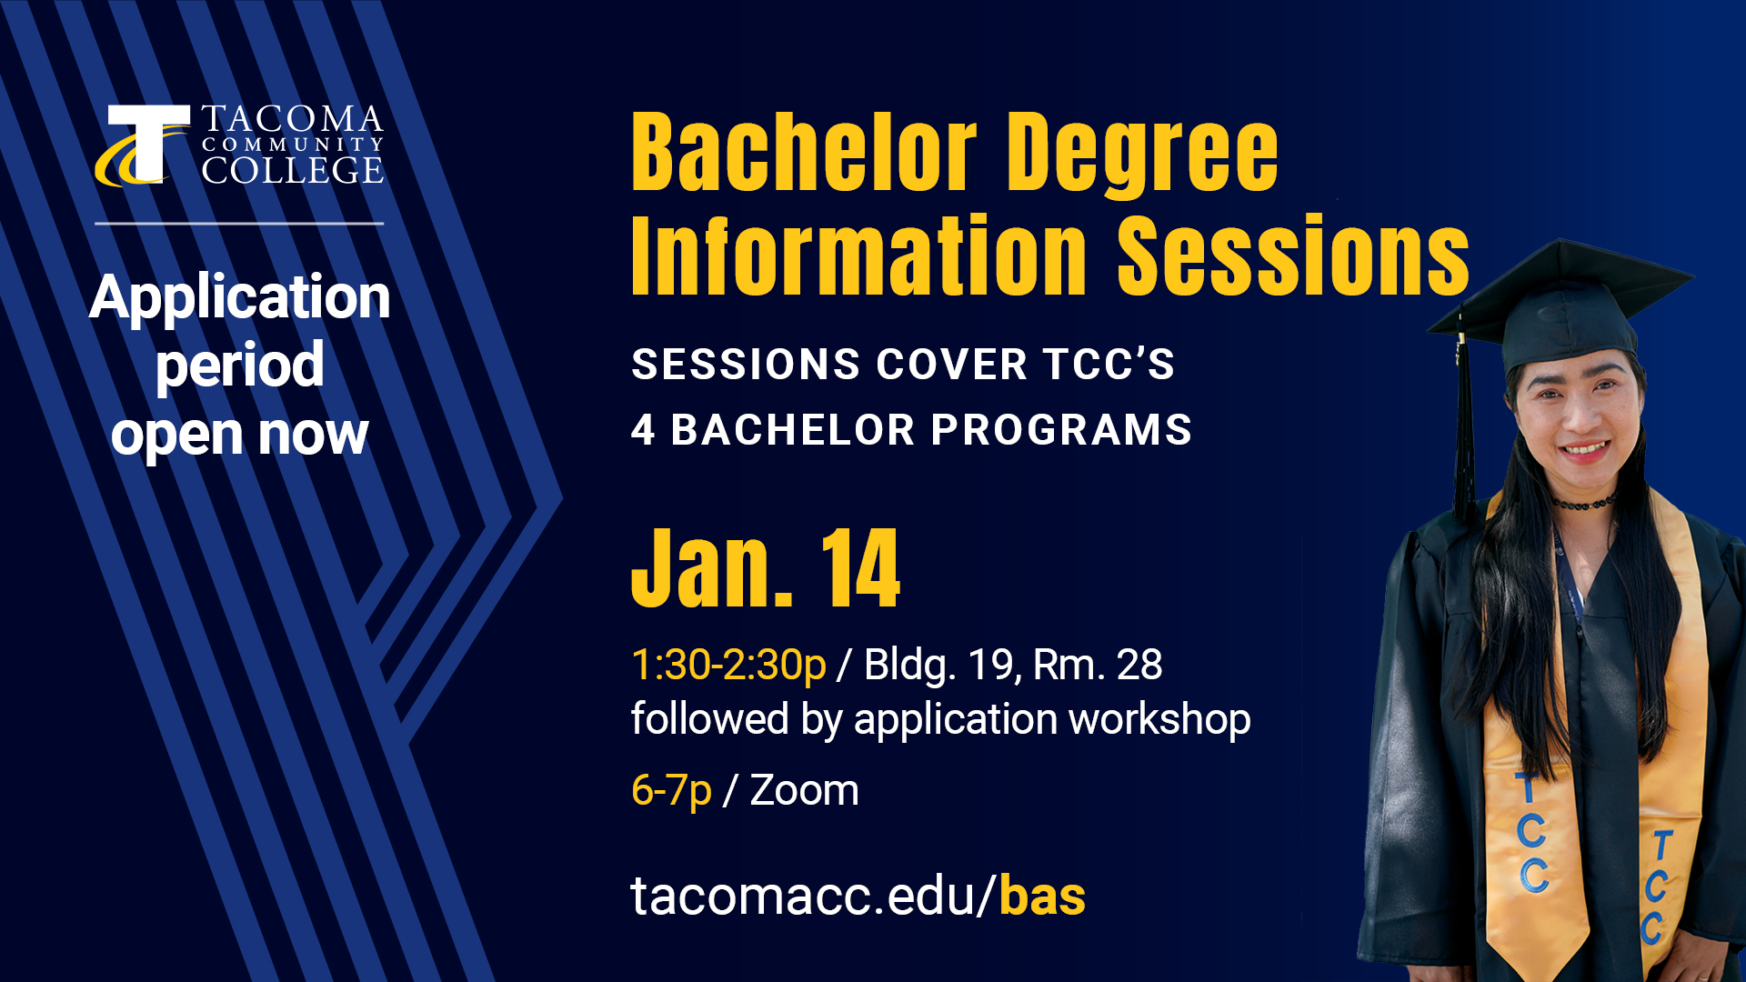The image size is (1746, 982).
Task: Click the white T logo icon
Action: point(145,144)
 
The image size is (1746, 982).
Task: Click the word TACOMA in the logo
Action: point(292,119)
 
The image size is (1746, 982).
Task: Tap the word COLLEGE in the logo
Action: point(292,170)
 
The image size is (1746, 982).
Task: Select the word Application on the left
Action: point(239,297)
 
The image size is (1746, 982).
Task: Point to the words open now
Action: point(239,435)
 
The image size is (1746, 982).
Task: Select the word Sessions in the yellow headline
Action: point(1292,256)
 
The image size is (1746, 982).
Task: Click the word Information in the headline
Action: point(858,256)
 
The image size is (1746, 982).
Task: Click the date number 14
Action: point(860,570)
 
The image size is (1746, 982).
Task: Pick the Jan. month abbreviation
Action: point(712,570)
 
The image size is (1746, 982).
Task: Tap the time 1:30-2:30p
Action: point(728,665)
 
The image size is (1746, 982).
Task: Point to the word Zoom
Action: point(804,790)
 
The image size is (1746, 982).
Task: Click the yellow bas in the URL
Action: point(1042,897)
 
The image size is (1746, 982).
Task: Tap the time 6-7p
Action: point(671,790)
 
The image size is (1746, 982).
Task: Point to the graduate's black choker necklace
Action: point(1584,503)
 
